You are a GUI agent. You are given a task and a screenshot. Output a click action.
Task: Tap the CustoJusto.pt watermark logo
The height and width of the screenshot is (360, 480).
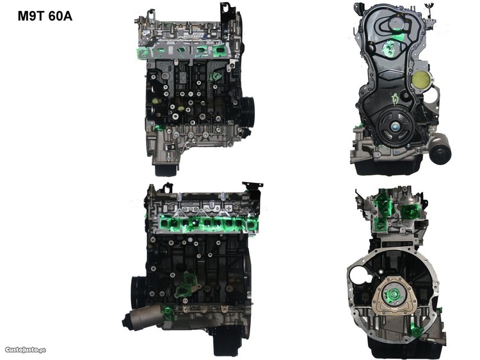click(x=26, y=350)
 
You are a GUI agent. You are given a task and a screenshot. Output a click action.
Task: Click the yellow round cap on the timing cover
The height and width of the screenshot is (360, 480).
click(x=422, y=79)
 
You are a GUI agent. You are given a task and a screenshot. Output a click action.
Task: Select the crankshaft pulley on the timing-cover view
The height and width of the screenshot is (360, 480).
click(x=396, y=127)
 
